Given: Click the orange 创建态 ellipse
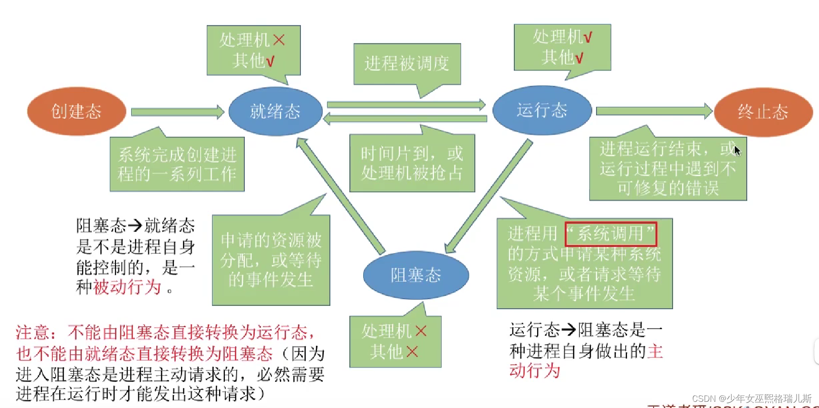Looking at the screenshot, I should (77, 111).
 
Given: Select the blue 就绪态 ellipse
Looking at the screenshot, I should (275, 111).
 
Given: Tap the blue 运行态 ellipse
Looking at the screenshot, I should (542, 110).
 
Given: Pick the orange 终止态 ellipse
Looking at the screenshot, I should (763, 112).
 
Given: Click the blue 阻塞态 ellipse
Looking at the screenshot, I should (416, 275).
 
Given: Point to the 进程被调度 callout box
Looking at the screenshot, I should (407, 63).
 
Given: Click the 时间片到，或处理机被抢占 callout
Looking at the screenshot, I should (412, 163).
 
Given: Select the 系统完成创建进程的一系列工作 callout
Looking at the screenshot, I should (177, 164).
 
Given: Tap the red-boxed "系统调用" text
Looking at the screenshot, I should (610, 233).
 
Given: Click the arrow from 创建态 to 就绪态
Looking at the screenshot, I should (177, 112).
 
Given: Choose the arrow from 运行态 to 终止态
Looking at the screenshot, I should (654, 111).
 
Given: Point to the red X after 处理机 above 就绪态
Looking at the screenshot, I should (279, 40).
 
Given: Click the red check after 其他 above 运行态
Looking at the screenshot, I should (579, 58).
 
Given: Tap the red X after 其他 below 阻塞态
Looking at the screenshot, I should (412, 352).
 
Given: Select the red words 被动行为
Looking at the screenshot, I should (127, 287).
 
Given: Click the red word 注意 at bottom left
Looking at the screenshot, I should (33, 332).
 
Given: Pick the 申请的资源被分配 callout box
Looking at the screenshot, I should (271, 260).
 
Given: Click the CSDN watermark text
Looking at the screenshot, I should (752, 398).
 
